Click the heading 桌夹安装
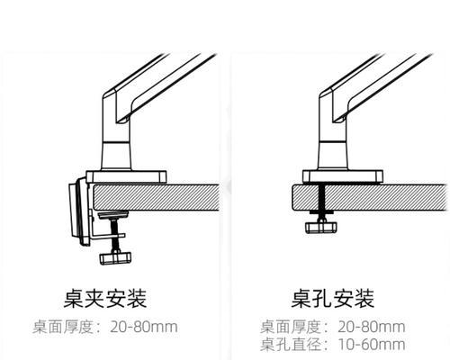coord(105,299)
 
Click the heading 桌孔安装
coord(333,299)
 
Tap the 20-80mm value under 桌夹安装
coord(144,327)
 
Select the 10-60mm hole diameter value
coord(372,345)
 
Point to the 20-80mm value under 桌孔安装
coord(372,327)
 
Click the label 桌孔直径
coord(291,345)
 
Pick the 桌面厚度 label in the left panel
coord(63,327)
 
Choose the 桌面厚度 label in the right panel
coord(291,327)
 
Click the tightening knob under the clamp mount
coord(115,258)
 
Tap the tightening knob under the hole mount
coord(321,228)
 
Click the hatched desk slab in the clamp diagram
coord(157,197)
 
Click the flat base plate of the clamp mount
coord(126,176)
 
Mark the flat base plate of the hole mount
coord(343,176)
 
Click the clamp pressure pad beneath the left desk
coord(113,214)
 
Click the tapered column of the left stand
coord(117,156)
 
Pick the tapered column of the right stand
coord(333,156)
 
